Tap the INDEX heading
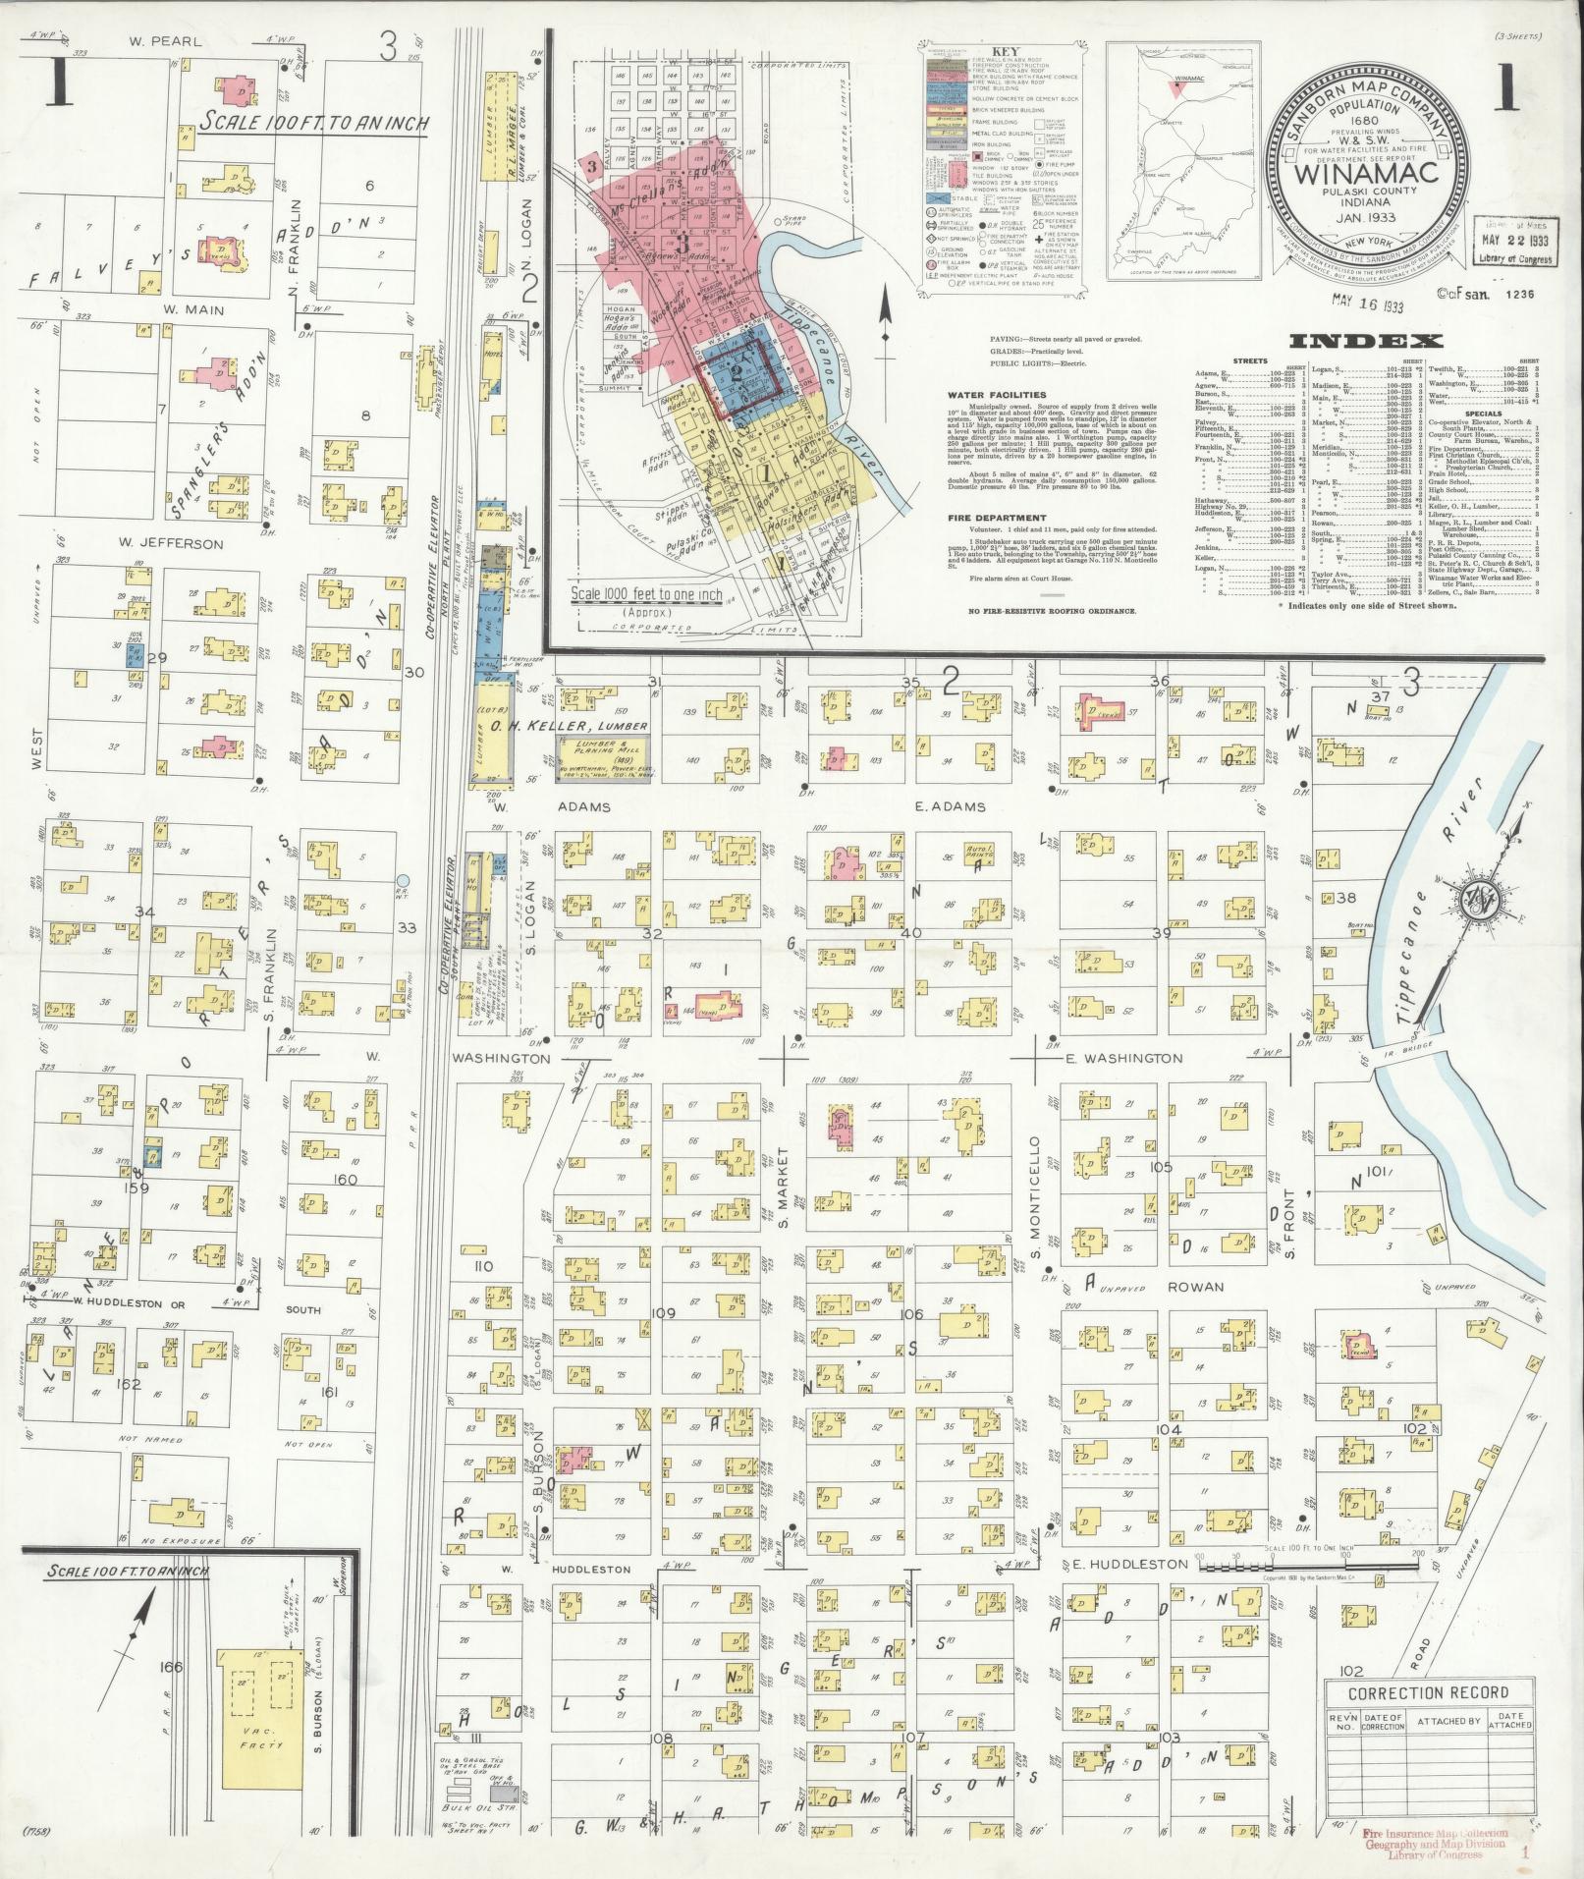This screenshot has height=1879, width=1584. pos(1366,341)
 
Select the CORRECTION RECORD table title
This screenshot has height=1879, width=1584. pos(1428,1692)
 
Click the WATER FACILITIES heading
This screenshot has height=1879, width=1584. pos(998,395)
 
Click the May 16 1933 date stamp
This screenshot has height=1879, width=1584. pos(1367,304)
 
